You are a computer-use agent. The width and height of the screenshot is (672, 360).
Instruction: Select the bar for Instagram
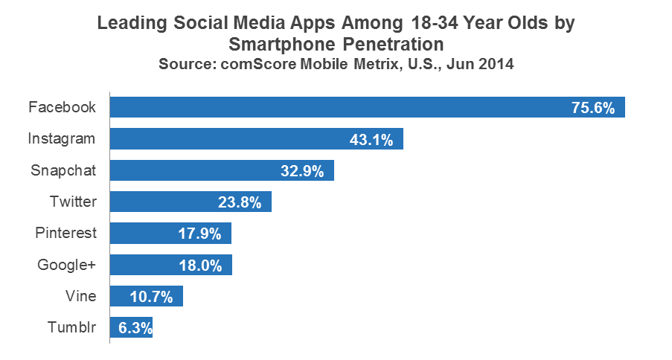pyautogui.click(x=256, y=138)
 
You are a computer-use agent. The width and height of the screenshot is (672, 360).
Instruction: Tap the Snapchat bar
pyautogui.click(x=222, y=170)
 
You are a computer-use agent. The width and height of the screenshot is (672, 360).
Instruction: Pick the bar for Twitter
pyautogui.click(x=191, y=202)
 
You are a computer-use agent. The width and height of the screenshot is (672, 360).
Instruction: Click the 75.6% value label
pyautogui.click(x=592, y=108)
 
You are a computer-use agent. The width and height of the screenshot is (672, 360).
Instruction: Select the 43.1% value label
pyautogui.click(x=371, y=139)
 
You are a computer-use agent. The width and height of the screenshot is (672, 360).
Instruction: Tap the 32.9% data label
pyautogui.click(x=301, y=171)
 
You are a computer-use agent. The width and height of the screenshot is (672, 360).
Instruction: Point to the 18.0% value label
pyautogui.click(x=199, y=266)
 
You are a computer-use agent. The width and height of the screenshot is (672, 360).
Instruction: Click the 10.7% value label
pyautogui.click(x=151, y=297)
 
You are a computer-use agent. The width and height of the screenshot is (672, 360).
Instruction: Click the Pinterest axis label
pyautogui.click(x=66, y=233)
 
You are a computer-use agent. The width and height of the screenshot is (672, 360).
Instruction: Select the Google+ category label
pyautogui.click(x=67, y=265)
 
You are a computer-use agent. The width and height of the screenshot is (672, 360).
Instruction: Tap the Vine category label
pyautogui.click(x=80, y=296)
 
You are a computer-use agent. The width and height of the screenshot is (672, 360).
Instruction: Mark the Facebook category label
pyautogui.click(x=63, y=107)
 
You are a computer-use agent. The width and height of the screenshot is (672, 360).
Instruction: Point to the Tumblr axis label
pyautogui.click(x=73, y=327)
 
